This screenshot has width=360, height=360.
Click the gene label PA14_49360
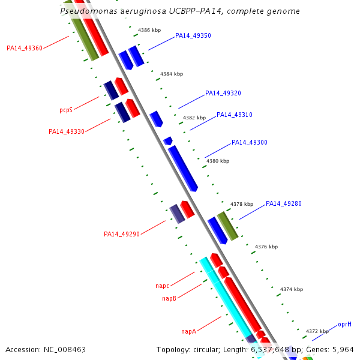point(25,48)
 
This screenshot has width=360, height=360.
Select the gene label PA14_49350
point(193,36)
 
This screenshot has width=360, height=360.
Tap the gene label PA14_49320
point(223,94)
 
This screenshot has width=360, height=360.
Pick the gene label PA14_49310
point(235,115)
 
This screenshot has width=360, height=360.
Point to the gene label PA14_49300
point(250,143)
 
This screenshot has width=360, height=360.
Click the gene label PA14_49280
point(284,204)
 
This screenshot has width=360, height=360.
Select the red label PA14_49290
point(122,234)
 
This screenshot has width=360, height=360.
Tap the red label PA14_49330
point(67,131)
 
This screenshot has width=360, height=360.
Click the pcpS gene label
point(66,110)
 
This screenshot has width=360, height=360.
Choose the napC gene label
point(162,286)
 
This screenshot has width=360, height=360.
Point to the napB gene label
point(169,298)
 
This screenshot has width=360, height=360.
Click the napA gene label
point(189,331)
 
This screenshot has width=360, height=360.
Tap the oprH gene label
point(344,324)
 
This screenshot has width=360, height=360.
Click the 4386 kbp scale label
point(149,30)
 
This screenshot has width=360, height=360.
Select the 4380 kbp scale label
point(218,161)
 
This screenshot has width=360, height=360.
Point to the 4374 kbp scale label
point(292,289)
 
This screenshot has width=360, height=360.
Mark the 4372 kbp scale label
point(317,331)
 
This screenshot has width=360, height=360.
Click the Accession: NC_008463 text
point(46,349)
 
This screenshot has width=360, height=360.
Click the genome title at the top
point(181,11)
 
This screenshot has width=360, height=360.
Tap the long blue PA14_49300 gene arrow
point(183,169)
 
